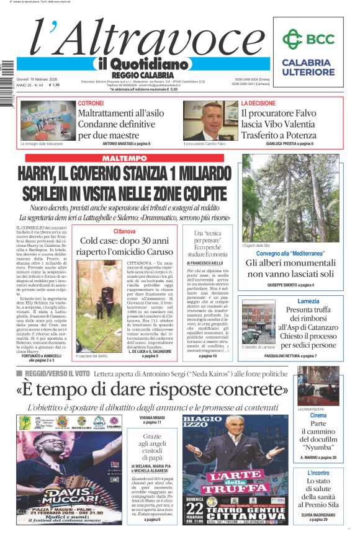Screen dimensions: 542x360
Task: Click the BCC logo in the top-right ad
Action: (x=308, y=40)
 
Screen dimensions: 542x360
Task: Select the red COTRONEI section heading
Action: (x=91, y=103)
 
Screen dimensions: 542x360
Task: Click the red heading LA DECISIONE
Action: (x=258, y=103)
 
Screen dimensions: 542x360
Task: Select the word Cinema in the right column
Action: (x=318, y=415)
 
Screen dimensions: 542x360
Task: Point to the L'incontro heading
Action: (x=318, y=473)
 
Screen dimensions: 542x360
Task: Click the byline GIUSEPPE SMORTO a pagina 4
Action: (x=290, y=285)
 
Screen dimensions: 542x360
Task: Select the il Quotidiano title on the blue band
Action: (x=143, y=64)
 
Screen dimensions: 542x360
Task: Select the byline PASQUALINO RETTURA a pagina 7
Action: (x=290, y=357)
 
